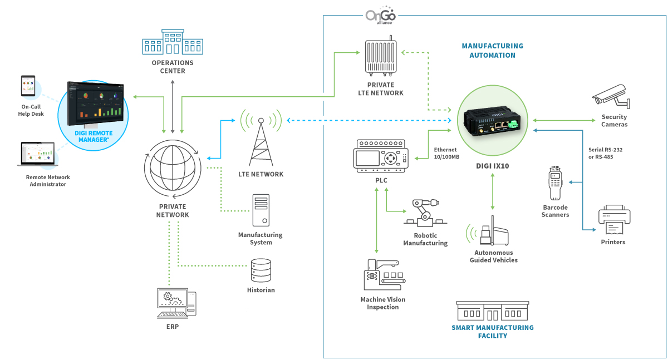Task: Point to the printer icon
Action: point(614,220)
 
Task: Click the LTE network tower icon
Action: point(261,139)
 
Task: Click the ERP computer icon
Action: point(175,303)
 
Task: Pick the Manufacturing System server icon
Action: point(260,211)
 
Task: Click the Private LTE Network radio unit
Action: point(381,57)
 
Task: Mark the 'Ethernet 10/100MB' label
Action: point(446,153)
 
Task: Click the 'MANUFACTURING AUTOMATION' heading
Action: point(492,51)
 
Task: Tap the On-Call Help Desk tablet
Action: point(28,87)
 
